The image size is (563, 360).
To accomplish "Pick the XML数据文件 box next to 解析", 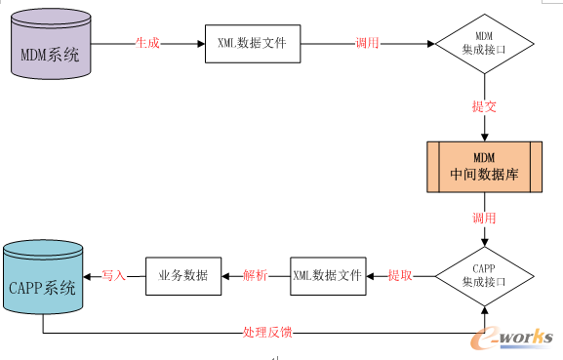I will click(x=327, y=276).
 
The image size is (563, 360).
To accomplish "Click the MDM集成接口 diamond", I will click(x=484, y=45).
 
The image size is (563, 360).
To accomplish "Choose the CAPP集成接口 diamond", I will click(x=484, y=276).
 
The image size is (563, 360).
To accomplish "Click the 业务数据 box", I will click(x=182, y=276).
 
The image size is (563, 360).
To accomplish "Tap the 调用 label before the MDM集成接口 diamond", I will click(x=367, y=45).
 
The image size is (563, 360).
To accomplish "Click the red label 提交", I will click(x=484, y=106).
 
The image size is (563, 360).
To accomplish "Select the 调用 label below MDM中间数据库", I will click(x=484, y=218).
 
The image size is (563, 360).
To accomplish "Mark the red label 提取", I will click(x=400, y=276).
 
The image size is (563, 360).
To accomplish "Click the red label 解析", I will click(x=255, y=276).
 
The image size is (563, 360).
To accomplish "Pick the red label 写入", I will click(x=114, y=276).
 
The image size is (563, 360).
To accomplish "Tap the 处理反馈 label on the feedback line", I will click(x=266, y=333).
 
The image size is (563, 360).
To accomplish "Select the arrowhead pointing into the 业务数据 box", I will click(x=224, y=276).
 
